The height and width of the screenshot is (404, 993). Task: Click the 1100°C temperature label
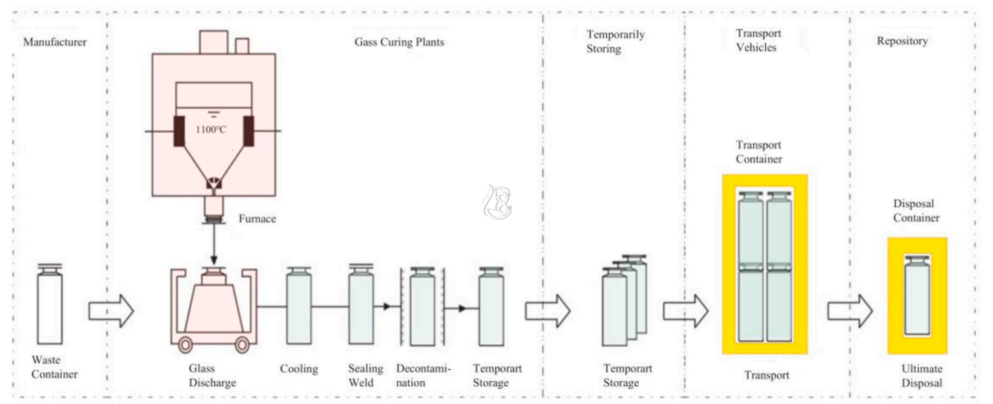click(211, 129)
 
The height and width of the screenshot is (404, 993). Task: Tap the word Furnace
click(257, 218)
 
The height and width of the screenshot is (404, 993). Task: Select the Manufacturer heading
click(55, 42)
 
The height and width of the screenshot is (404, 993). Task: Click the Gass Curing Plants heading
click(399, 42)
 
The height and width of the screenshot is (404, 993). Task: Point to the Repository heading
click(902, 42)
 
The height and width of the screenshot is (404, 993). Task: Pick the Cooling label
click(299, 369)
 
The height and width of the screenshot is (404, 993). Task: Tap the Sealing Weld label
click(365, 375)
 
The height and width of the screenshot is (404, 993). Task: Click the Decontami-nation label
click(423, 375)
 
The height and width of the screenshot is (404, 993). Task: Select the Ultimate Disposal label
click(922, 376)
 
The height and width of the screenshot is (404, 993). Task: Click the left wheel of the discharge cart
click(185, 345)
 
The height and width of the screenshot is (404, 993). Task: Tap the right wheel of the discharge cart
click(242, 345)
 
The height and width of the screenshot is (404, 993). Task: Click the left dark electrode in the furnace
click(179, 131)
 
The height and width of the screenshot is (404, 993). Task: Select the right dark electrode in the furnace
click(249, 131)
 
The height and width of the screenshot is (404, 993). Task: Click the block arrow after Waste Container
click(111, 311)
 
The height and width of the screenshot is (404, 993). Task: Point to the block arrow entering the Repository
click(851, 311)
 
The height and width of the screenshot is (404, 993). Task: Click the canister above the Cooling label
click(299, 306)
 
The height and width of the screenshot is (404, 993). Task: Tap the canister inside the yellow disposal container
click(917, 296)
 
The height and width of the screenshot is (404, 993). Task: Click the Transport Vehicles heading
click(758, 40)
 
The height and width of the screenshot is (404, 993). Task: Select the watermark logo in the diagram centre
click(496, 202)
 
